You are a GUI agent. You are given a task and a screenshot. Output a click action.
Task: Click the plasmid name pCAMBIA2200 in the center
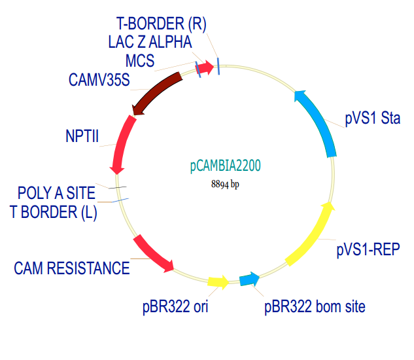[x=226, y=166]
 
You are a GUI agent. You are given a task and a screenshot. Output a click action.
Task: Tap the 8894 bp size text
[x=226, y=185]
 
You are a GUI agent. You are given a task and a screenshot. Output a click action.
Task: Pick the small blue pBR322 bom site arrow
[x=249, y=280]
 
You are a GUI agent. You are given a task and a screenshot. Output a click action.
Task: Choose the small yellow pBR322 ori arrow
[x=218, y=282]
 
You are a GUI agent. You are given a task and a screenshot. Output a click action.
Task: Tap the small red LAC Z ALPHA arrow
[x=207, y=67]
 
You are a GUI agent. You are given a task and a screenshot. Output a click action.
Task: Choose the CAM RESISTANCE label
[x=72, y=268]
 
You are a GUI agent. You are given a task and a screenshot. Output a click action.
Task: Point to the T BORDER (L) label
[x=54, y=211]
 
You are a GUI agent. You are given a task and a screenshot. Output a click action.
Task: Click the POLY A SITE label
[x=56, y=193]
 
